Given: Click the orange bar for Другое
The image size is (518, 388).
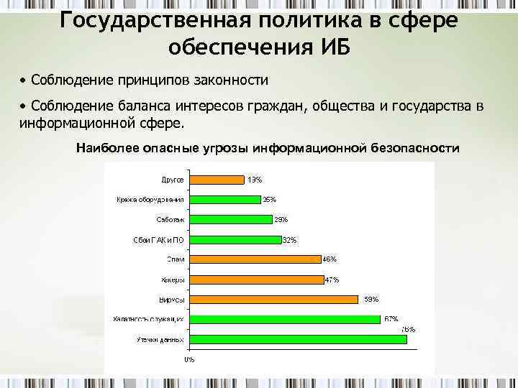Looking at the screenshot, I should coord(215,180).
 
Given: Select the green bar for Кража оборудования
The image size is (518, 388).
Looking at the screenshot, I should coord(223,200).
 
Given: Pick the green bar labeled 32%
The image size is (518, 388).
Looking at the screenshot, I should coord(233,239).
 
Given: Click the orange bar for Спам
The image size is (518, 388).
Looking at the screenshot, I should coord(253,259).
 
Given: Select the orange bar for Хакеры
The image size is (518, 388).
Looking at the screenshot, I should coord(255,279).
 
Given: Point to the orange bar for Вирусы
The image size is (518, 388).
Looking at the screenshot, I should coord(272,299).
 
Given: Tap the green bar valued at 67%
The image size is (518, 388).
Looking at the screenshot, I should coord(284,319).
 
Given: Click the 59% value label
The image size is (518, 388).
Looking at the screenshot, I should coord(371,299).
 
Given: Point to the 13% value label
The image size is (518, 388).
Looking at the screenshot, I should coord(255,180).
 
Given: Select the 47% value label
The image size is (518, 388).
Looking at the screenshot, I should coord(332,280).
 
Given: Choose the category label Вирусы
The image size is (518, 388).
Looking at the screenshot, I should coord(171,300).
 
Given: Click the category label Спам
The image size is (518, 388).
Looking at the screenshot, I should coord(176,259).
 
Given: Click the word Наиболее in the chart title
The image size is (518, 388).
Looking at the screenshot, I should coord(104,148).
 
